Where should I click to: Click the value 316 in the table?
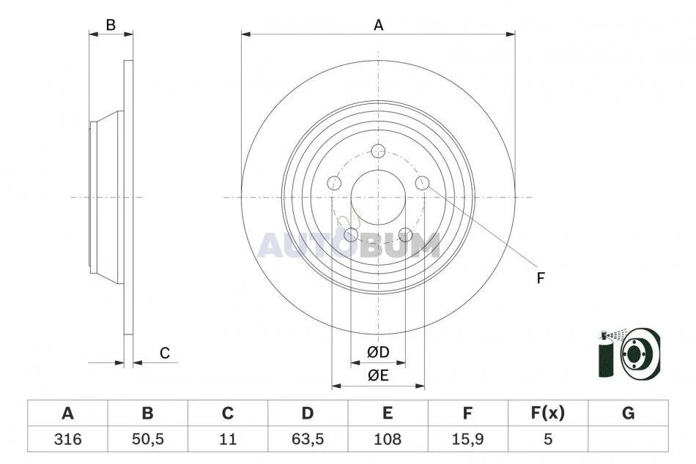click(x=68, y=439)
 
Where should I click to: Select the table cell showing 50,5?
click(x=148, y=439)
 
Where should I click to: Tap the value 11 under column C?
click(x=228, y=439)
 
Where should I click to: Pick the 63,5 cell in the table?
click(x=308, y=439)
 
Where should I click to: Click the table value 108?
click(x=388, y=439)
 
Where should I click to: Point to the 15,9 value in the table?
click(x=467, y=439)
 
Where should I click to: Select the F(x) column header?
click(x=548, y=413)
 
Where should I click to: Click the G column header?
click(x=628, y=414)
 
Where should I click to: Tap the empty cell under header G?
click(x=628, y=439)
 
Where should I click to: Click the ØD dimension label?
click(x=378, y=352)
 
